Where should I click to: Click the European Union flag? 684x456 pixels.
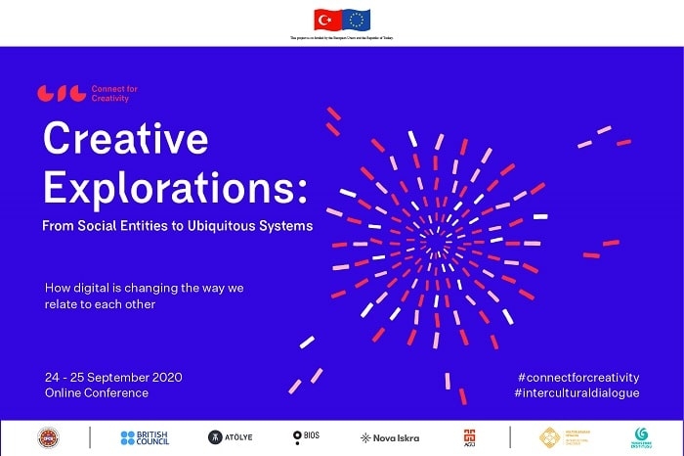[x=357, y=19]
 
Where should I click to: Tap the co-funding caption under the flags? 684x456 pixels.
[x=341, y=37]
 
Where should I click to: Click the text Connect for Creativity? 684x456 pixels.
[x=115, y=94]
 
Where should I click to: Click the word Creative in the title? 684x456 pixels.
[x=125, y=139]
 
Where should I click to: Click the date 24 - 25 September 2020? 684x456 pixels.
[x=113, y=377]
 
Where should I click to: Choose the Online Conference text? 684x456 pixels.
[x=97, y=392]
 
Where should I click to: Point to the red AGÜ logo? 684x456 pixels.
[x=470, y=437]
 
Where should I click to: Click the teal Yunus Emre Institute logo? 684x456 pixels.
[x=640, y=437]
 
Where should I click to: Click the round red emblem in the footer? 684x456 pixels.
[x=46, y=437]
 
